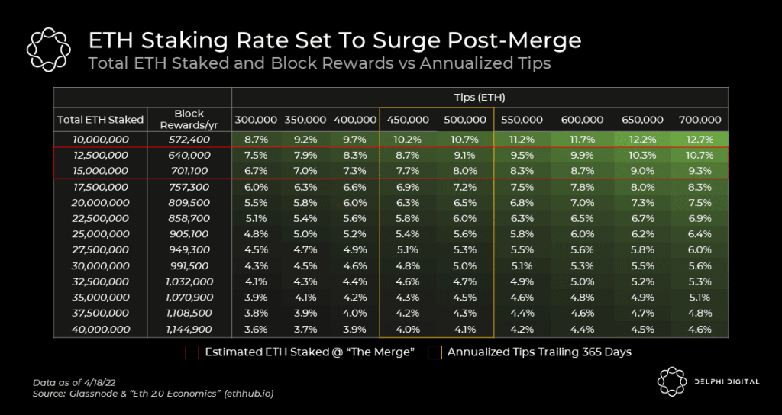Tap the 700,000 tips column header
[700, 120]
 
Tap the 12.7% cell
[700, 140]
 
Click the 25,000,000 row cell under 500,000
[464, 234]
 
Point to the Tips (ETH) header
[479, 98]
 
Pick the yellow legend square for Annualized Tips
[434, 352]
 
